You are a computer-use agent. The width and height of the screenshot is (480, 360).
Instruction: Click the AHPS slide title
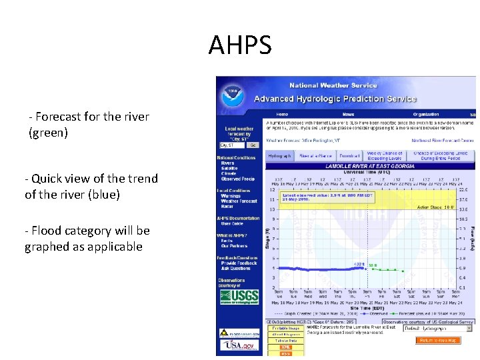click(x=240, y=46)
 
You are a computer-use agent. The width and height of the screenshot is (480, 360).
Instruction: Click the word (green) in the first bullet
click(x=48, y=133)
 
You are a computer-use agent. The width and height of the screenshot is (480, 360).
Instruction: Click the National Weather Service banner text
click(x=333, y=85)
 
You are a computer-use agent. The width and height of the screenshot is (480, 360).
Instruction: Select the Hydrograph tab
click(x=279, y=155)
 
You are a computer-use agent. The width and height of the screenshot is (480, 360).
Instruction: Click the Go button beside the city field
click(x=253, y=145)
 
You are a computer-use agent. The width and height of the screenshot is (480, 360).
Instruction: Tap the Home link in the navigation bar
click(x=283, y=114)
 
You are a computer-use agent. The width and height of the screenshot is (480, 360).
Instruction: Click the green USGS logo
click(x=239, y=295)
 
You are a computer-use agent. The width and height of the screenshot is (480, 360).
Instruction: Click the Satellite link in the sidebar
click(x=231, y=168)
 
